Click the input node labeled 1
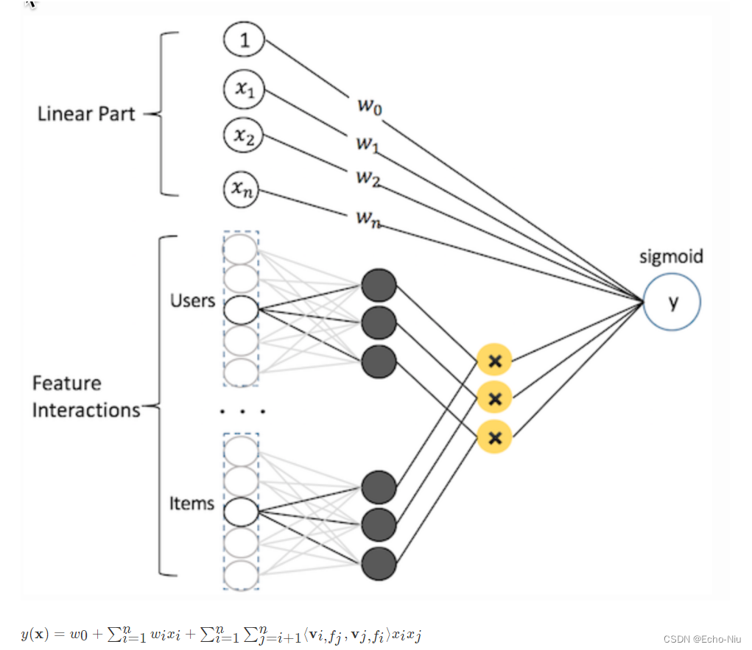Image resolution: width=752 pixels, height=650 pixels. [244, 39]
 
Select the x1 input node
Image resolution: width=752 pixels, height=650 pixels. [244, 89]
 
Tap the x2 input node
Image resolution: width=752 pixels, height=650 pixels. [244, 135]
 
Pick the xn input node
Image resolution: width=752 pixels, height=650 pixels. [242, 189]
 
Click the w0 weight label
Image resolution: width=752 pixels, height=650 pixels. [370, 105]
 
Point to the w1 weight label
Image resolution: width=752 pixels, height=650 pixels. [368, 143]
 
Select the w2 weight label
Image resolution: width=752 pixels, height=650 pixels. [368, 178]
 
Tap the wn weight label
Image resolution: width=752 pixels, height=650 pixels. [368, 219]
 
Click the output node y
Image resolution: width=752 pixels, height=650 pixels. [672, 302]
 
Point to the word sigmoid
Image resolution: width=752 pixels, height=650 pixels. [671, 256]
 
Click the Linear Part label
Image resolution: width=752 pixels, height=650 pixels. [86, 114]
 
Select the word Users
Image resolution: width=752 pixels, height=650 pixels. [193, 300]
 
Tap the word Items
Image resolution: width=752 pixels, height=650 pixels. [191, 504]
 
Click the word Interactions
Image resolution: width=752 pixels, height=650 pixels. [86, 410]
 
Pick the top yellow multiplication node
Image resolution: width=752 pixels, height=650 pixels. [494, 360]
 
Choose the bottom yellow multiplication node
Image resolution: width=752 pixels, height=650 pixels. [494, 437]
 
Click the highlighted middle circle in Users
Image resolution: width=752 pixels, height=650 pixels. [241, 310]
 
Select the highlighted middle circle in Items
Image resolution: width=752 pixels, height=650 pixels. [241, 512]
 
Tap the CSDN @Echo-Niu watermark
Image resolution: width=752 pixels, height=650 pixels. [702, 639]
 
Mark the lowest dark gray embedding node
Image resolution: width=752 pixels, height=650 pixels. [379, 564]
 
